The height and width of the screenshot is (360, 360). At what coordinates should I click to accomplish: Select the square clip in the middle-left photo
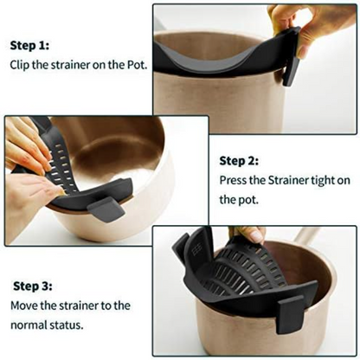[x=107, y=207]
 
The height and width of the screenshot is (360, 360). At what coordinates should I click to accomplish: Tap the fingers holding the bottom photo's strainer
[x=251, y=235]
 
